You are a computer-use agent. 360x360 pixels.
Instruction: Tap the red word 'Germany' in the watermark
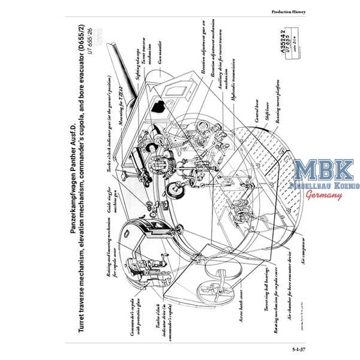(325, 194)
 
